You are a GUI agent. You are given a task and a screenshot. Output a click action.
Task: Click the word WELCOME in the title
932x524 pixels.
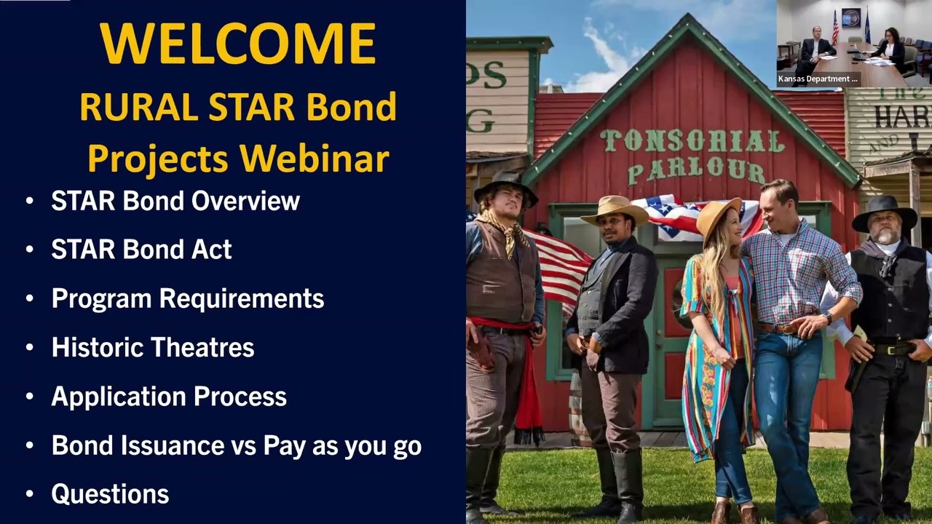(237, 44)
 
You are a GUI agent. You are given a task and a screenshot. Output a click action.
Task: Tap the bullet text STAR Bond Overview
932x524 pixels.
(175, 201)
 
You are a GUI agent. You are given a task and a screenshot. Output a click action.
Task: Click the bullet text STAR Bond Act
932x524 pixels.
(141, 250)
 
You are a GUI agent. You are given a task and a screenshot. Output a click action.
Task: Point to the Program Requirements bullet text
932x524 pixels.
(187, 298)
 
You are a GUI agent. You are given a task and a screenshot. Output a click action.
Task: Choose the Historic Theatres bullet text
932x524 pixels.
(152, 347)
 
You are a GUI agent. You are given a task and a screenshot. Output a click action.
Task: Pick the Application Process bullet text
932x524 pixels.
(168, 397)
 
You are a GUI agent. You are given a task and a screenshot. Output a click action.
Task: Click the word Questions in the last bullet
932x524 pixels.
(110, 494)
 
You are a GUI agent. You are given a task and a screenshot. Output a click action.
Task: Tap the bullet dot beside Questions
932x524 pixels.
(29, 494)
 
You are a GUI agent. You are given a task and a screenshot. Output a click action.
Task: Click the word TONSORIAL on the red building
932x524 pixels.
(692, 141)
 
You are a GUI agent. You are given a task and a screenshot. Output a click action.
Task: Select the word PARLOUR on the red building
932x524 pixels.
(695, 171)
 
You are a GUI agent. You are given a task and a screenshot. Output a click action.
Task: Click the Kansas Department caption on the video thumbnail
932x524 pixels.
(818, 79)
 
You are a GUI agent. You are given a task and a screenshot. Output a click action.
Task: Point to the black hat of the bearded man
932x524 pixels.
(884, 210)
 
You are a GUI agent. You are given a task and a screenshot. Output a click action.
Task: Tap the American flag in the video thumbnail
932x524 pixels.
(835, 28)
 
